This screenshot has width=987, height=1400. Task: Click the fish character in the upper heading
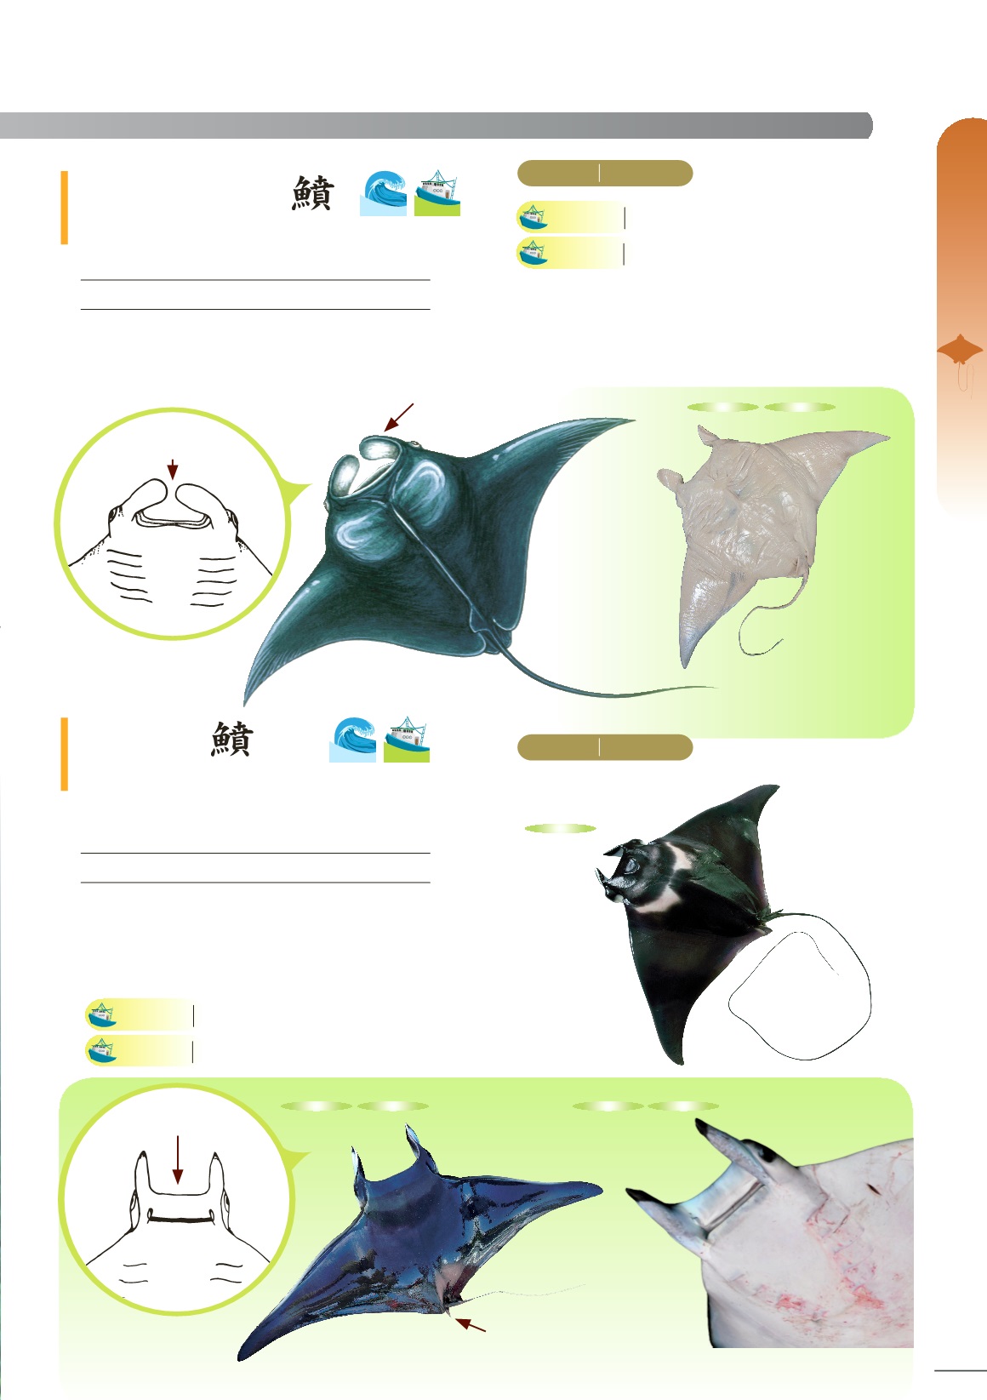pyautogui.click(x=312, y=194)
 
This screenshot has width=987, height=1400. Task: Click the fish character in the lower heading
pyautogui.click(x=231, y=740)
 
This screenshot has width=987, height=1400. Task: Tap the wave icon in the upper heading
pyautogui.click(x=383, y=193)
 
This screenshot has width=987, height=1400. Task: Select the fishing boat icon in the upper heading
pyautogui.click(x=437, y=193)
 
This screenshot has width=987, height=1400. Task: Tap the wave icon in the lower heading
pyautogui.click(x=352, y=740)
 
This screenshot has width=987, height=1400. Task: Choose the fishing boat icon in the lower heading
pyautogui.click(x=407, y=740)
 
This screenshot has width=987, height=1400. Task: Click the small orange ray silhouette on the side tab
pyautogui.click(x=960, y=351)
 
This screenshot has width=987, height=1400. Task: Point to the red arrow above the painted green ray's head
pyautogui.click(x=398, y=417)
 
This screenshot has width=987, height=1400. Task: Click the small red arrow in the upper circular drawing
pyautogui.click(x=173, y=469)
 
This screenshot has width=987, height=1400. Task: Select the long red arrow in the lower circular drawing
pyautogui.click(x=177, y=1158)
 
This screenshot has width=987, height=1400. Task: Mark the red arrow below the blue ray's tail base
pyautogui.click(x=471, y=1324)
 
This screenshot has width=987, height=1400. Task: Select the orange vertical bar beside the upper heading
pyautogui.click(x=64, y=208)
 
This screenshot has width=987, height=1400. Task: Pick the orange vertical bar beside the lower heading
pyautogui.click(x=64, y=754)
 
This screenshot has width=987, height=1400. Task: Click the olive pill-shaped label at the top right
pyautogui.click(x=604, y=174)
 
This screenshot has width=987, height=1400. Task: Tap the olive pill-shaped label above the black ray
pyautogui.click(x=604, y=748)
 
